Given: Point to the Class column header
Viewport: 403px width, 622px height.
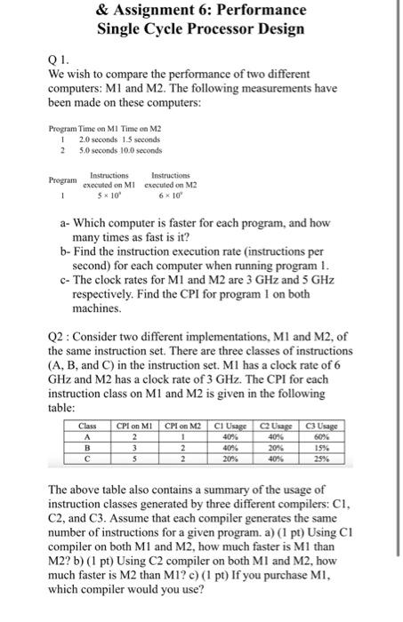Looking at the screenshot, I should [86, 426].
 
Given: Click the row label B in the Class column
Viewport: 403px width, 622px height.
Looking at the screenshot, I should [86, 447].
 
